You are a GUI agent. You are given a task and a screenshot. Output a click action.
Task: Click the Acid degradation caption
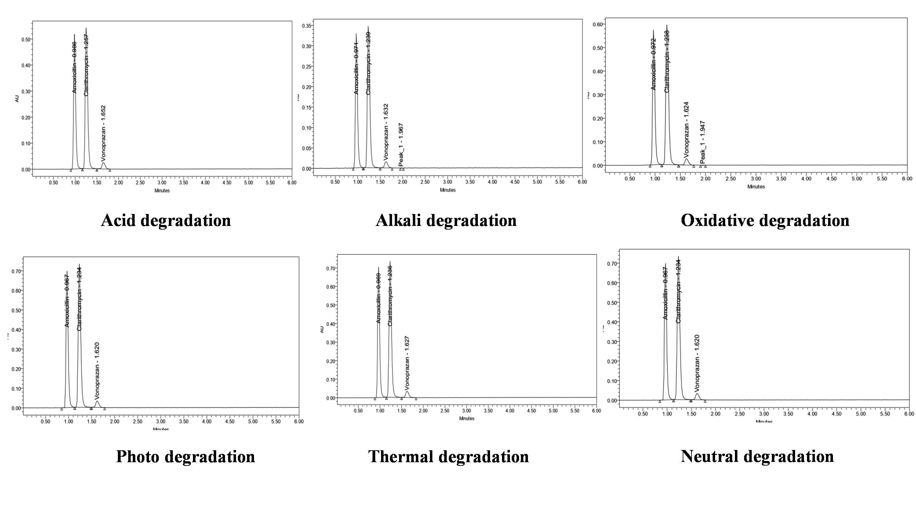166,220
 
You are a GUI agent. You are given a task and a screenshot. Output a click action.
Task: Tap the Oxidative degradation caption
765,220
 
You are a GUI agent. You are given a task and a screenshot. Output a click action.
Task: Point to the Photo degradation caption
185,456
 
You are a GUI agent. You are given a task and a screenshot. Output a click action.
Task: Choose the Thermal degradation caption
449,456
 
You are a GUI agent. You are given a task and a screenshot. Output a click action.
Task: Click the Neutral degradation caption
757,456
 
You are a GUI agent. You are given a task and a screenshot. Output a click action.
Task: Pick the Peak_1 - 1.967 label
401,145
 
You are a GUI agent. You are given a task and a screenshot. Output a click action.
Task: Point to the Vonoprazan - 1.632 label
386,132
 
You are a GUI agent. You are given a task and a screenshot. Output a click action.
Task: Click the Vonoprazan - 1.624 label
686,130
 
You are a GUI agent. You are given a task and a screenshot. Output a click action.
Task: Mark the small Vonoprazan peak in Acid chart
104,165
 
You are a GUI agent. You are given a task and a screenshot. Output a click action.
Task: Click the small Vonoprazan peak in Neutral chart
697,396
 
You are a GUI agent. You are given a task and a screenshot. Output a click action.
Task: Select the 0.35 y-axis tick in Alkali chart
307,26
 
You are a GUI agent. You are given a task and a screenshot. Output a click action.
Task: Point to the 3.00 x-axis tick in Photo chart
161,422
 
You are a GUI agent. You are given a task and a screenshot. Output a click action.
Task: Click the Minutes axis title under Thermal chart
467,418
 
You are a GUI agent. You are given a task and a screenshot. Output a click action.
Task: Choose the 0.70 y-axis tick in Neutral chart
612,264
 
